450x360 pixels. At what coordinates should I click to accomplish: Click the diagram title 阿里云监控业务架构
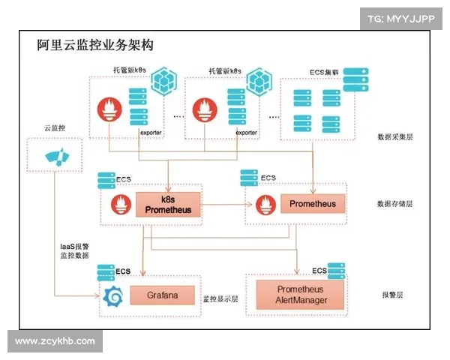pos(95,46)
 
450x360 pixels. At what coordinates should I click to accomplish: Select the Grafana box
pos(161,295)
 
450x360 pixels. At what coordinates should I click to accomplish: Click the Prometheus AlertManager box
pos(300,295)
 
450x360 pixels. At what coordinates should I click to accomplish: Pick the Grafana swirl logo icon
pos(115,296)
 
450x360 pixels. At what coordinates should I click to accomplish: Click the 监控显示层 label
pos(220,298)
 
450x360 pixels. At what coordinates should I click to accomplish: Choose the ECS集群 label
pos(324,73)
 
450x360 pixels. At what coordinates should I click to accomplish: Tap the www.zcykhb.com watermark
pos(55,341)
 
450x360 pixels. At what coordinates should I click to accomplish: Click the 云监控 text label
pos(55,128)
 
